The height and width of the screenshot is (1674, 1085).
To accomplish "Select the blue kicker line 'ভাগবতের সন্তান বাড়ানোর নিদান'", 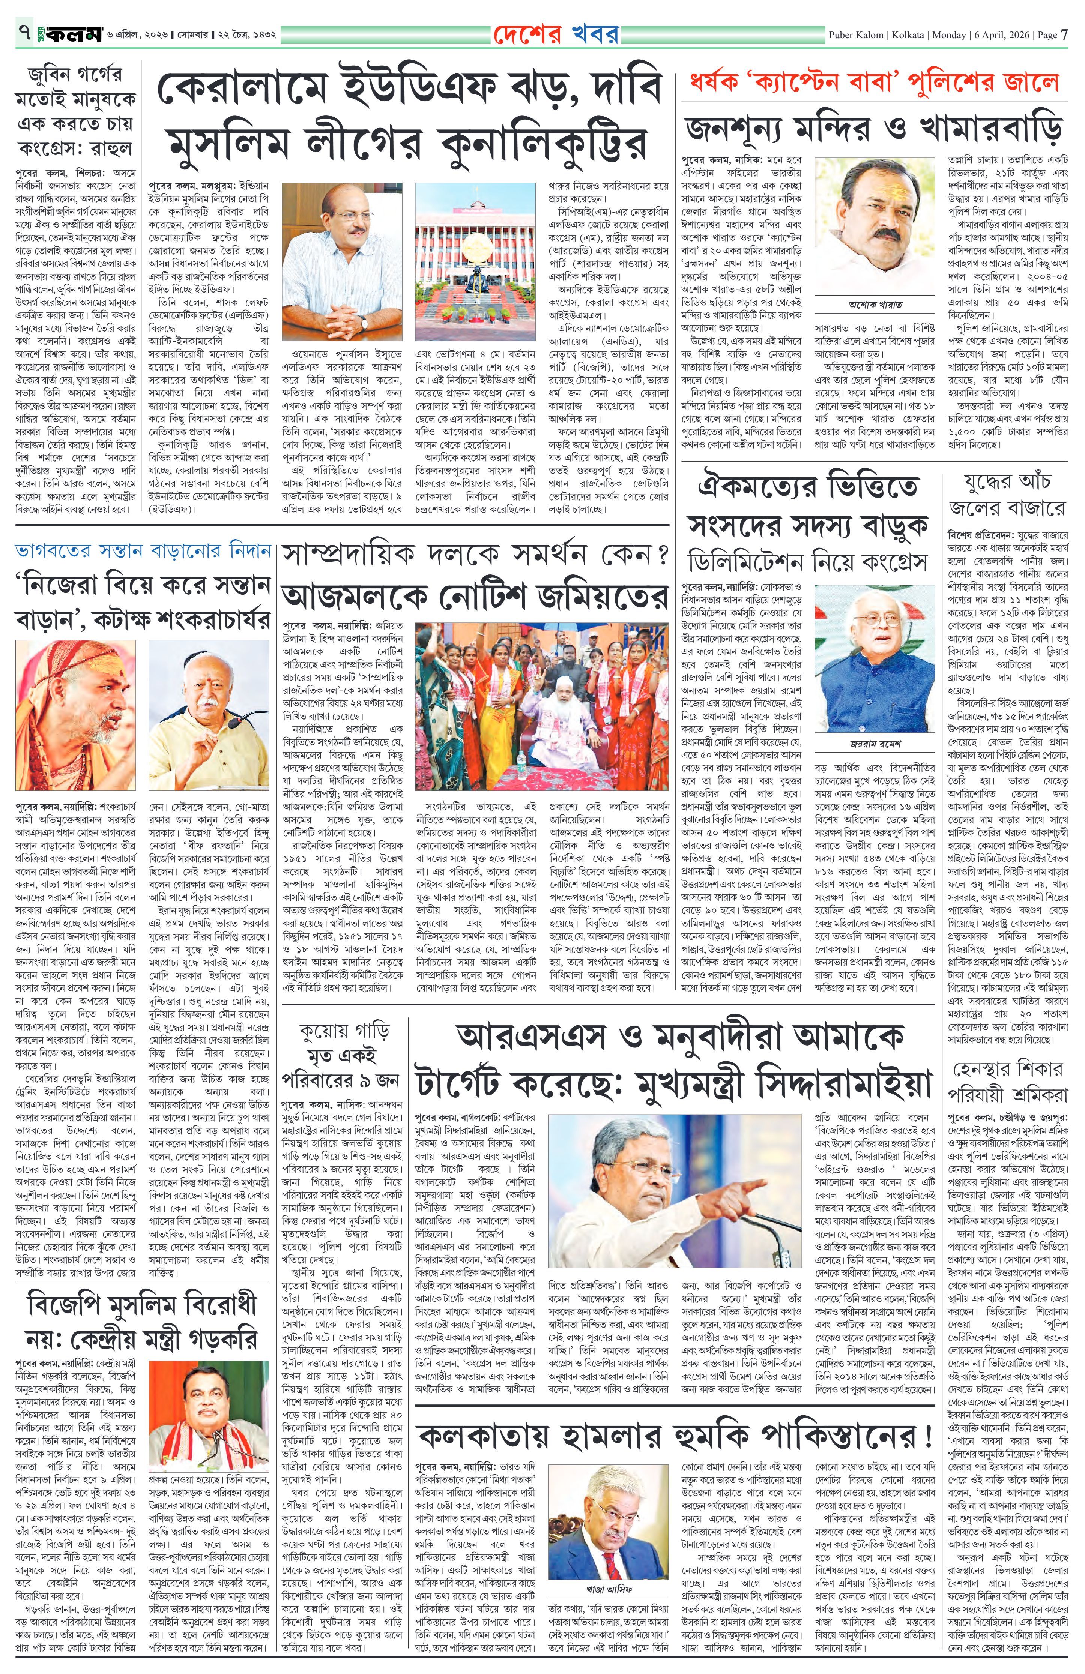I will point(144,551).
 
